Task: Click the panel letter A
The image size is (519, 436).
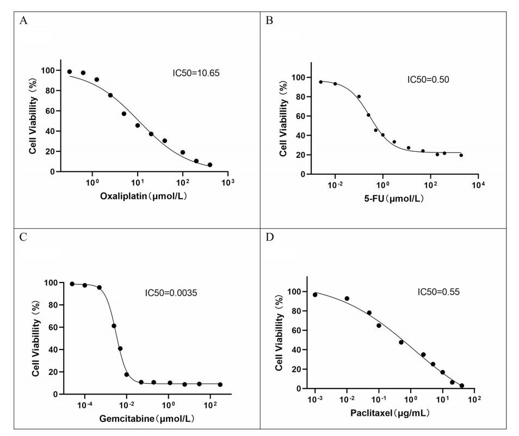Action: tap(23, 21)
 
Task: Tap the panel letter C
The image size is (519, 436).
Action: tap(23, 237)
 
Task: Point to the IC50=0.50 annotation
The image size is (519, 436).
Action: tap(428, 79)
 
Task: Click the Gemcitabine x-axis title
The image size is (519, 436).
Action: tap(146, 419)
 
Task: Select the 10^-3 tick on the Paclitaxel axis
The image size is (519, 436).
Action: tap(314, 400)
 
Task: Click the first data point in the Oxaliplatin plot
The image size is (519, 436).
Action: tap(70, 72)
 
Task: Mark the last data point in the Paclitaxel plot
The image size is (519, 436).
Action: tap(462, 386)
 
